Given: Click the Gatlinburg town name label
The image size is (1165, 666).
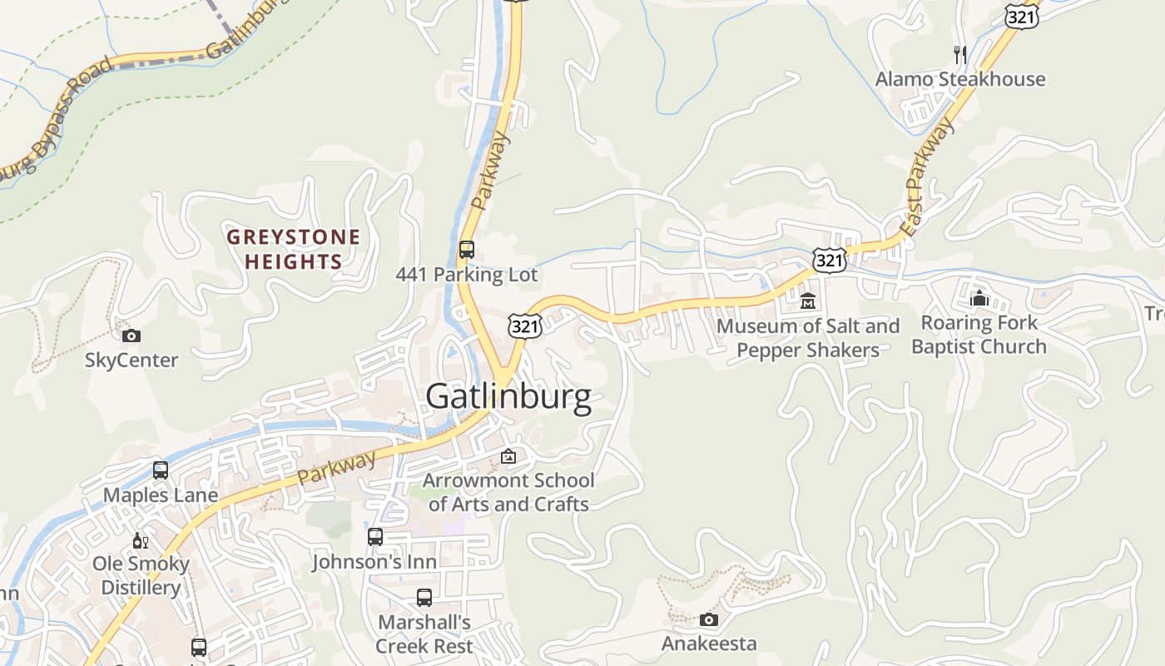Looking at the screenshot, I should (x=508, y=397).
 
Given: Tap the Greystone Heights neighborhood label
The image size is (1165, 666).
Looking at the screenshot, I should (x=294, y=249).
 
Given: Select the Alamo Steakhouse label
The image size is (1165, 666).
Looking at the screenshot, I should (x=960, y=80).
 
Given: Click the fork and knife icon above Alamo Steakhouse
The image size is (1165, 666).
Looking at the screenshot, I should (x=960, y=55).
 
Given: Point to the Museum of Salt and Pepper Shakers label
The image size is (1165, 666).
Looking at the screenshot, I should (x=808, y=338).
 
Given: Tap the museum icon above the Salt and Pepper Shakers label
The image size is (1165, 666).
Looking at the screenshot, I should (x=807, y=301).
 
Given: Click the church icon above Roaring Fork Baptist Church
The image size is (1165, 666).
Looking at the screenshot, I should (x=979, y=297).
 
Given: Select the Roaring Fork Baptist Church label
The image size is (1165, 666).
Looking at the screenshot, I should (x=979, y=335).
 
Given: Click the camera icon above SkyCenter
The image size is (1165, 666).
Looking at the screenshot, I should (x=131, y=336).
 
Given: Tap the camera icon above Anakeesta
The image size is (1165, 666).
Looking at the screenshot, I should (x=709, y=619).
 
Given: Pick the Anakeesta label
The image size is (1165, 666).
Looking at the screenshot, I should (x=709, y=644).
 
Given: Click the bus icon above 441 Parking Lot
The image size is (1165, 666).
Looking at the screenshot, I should (x=467, y=249).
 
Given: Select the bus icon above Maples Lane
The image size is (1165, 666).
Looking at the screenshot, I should (x=161, y=470).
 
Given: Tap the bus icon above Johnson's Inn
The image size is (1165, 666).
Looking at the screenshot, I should (x=375, y=537).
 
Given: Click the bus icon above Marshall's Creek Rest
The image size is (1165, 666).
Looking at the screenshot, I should (x=424, y=597).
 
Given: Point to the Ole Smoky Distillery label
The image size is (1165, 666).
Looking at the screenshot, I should (x=141, y=575).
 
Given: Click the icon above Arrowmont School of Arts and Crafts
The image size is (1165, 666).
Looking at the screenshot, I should (x=508, y=456).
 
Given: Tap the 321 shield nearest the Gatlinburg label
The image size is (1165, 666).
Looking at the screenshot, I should (x=526, y=326).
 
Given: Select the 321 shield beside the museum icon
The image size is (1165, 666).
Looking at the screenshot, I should (x=830, y=261).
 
